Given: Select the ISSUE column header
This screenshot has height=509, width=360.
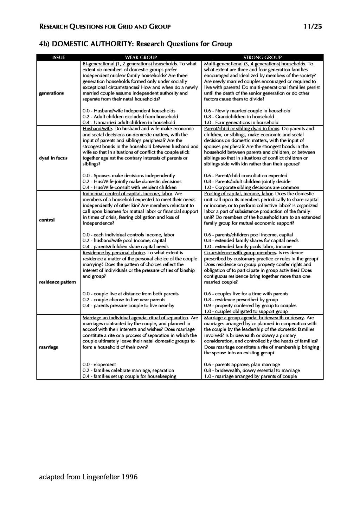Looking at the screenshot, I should (x=58, y=57).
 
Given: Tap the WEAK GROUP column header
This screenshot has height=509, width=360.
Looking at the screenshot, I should (x=141, y=57).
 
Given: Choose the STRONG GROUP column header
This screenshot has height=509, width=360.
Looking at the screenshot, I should (x=263, y=57).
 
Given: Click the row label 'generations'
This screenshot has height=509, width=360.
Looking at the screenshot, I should (x=51, y=93).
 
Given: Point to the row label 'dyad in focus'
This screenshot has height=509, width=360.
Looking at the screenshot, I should (x=53, y=158).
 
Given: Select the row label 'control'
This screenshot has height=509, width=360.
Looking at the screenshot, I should (x=47, y=220).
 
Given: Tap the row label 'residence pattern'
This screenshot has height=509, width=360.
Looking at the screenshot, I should (x=57, y=282).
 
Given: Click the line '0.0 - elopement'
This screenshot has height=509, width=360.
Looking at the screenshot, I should (x=99, y=365).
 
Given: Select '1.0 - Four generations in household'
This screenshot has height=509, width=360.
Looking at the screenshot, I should (x=241, y=123).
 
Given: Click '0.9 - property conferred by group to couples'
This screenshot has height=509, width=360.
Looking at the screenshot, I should (x=250, y=306).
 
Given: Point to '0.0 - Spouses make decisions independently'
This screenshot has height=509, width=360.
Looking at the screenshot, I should (x=129, y=176).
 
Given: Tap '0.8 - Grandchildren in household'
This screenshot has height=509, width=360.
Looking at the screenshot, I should (x=239, y=117).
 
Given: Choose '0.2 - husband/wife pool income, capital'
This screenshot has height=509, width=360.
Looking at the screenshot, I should (x=124, y=241).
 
